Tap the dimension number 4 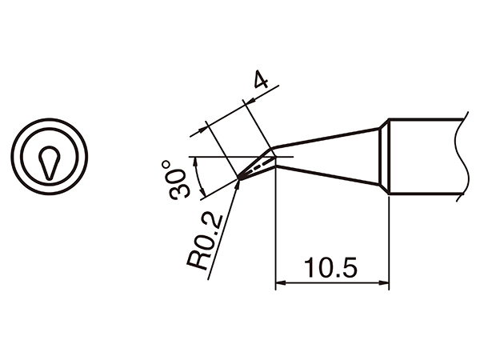(259, 80)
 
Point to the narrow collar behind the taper (384, 157)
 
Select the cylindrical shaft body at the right (424, 157)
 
